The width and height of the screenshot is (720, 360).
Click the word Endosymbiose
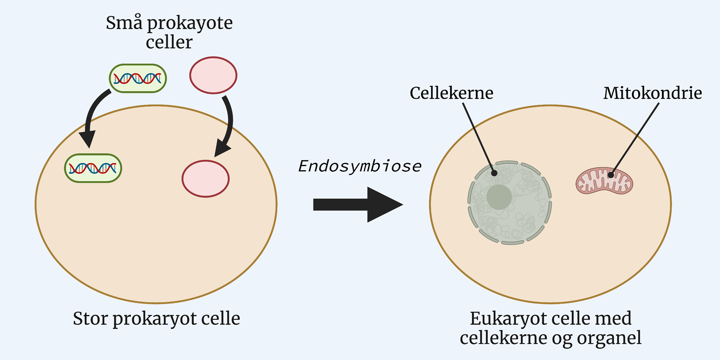coord(360,166)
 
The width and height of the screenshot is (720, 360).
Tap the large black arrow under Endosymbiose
coord(357,205)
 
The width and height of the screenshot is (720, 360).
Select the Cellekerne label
coord(452,93)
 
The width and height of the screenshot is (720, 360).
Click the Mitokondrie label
coord(653,93)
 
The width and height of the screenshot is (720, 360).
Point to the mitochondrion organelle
coord(604,181)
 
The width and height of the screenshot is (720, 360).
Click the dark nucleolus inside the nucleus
coord(499,197)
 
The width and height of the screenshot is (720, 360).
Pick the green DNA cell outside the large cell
coord(138,79)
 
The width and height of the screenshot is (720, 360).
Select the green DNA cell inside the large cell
coord(93,168)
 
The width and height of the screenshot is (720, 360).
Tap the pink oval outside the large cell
coord(213,75)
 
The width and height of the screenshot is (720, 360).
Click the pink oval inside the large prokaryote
coord(205,179)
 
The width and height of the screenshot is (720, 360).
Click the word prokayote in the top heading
coord(190,23)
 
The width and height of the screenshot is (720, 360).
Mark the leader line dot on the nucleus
coord(494,173)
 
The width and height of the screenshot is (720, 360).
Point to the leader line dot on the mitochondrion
coord(611,175)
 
